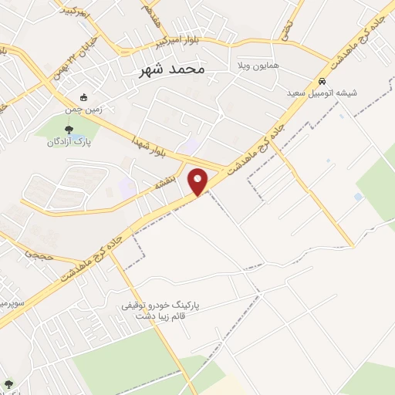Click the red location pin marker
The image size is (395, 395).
click(199, 181)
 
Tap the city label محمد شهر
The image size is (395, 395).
click(172, 69)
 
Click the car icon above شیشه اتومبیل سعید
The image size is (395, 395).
click(322, 82)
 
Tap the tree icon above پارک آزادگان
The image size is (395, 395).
click(69, 130)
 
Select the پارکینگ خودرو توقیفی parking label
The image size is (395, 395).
click(160, 306)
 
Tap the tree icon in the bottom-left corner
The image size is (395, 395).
click(8, 383)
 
